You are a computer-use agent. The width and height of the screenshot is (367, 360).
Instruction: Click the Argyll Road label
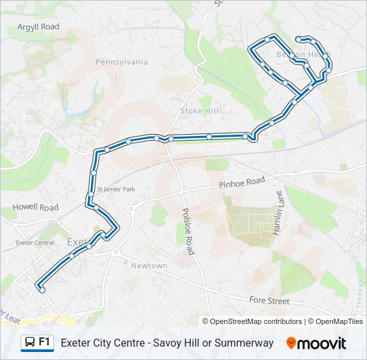pos(39,27)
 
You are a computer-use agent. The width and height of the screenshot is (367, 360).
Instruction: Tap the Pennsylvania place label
pos(121,62)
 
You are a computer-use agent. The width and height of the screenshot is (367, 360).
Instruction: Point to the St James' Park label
pos(116,189)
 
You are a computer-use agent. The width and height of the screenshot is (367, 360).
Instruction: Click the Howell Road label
pos(36,208)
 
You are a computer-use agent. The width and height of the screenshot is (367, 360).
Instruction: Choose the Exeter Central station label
pos(35,243)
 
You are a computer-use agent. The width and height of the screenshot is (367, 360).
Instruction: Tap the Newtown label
pos(149,265)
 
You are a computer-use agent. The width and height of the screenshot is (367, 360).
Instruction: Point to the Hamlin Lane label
pos(278,212)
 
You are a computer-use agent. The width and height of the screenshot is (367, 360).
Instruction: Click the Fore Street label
pos(269,301)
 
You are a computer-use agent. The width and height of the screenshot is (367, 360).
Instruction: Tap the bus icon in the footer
pos(29,343)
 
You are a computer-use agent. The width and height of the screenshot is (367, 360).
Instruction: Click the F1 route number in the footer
pos(45,342)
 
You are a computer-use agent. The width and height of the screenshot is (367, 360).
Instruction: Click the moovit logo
pos(316,343)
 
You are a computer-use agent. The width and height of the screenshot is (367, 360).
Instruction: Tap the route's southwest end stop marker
pos(42,289)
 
